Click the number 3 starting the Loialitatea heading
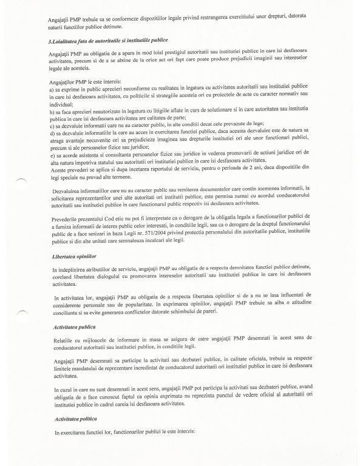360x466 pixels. (x=52, y=40)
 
